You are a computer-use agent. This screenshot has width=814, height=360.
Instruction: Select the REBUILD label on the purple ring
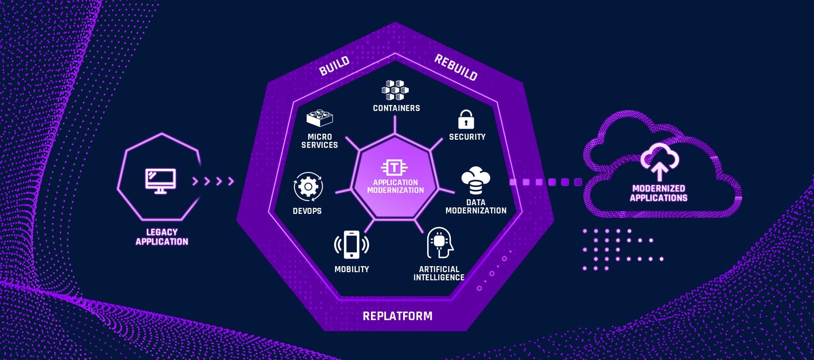456,68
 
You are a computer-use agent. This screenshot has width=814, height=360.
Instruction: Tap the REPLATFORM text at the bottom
398,316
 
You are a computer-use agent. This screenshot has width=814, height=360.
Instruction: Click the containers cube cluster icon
395,90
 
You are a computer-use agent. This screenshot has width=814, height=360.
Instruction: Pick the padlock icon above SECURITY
466,120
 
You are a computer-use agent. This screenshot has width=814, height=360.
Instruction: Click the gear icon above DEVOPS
308,187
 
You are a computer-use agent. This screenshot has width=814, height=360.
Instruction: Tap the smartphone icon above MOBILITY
351,245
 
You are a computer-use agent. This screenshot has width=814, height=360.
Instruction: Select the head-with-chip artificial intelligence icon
440,243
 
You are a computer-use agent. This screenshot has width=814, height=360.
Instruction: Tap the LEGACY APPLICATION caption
162,237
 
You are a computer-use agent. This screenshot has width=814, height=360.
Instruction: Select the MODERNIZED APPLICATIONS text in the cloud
658,193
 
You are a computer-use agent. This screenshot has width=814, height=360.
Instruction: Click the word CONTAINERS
396,108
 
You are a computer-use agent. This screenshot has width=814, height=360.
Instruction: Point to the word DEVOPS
307,211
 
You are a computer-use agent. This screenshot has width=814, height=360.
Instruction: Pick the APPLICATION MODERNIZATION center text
395,186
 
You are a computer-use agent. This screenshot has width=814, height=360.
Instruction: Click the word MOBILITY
352,269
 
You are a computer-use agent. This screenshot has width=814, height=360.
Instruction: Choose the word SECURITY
467,137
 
